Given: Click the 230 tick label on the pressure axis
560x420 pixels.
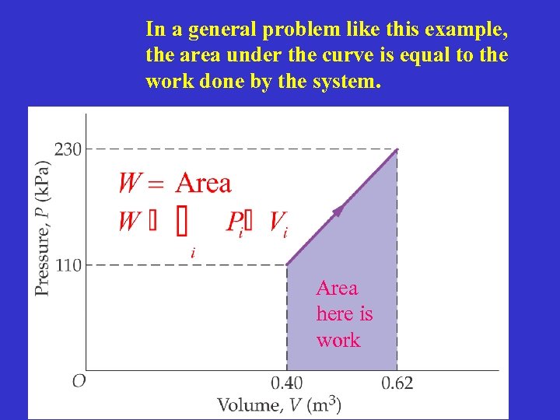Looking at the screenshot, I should point(68,149).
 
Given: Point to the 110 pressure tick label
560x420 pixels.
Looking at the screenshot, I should point(68,265).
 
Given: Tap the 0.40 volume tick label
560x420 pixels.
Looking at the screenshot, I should point(287,383).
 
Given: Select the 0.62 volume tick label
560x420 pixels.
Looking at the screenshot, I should point(397,383).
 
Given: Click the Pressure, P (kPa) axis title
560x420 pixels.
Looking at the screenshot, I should point(43,228).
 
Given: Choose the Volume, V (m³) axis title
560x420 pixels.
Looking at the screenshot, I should point(278,404).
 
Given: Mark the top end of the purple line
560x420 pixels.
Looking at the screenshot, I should point(397,149).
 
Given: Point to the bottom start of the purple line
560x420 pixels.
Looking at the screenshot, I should point(288,264).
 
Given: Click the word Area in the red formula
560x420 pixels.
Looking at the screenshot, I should point(204,184).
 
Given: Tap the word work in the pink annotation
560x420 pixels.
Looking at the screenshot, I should point(338,341).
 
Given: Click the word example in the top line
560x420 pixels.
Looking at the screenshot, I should point(467,30).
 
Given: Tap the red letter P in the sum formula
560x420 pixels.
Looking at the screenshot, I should point(234,222).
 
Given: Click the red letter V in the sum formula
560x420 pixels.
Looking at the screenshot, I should point(276,222).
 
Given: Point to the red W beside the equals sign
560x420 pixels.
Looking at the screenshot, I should point(130,184).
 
